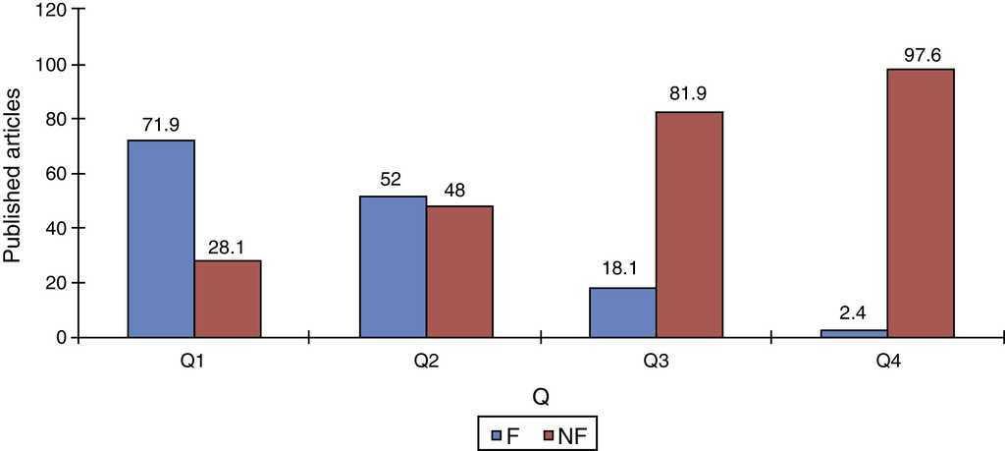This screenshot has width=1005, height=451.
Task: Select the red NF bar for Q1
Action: [x=228, y=299]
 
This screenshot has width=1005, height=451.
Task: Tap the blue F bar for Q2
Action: [x=393, y=266]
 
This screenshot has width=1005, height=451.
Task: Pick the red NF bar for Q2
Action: [x=459, y=271]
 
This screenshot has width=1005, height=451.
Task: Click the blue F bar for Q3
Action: [x=623, y=312]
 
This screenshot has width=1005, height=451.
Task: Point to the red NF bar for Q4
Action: [x=921, y=202]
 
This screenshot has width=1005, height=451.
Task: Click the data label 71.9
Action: [x=161, y=126]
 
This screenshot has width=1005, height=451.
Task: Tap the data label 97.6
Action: [x=921, y=54]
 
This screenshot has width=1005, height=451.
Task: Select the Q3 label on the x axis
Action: [x=658, y=362]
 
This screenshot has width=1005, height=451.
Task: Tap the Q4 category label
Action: [x=888, y=362]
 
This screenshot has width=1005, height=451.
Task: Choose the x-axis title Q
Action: [x=541, y=398]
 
